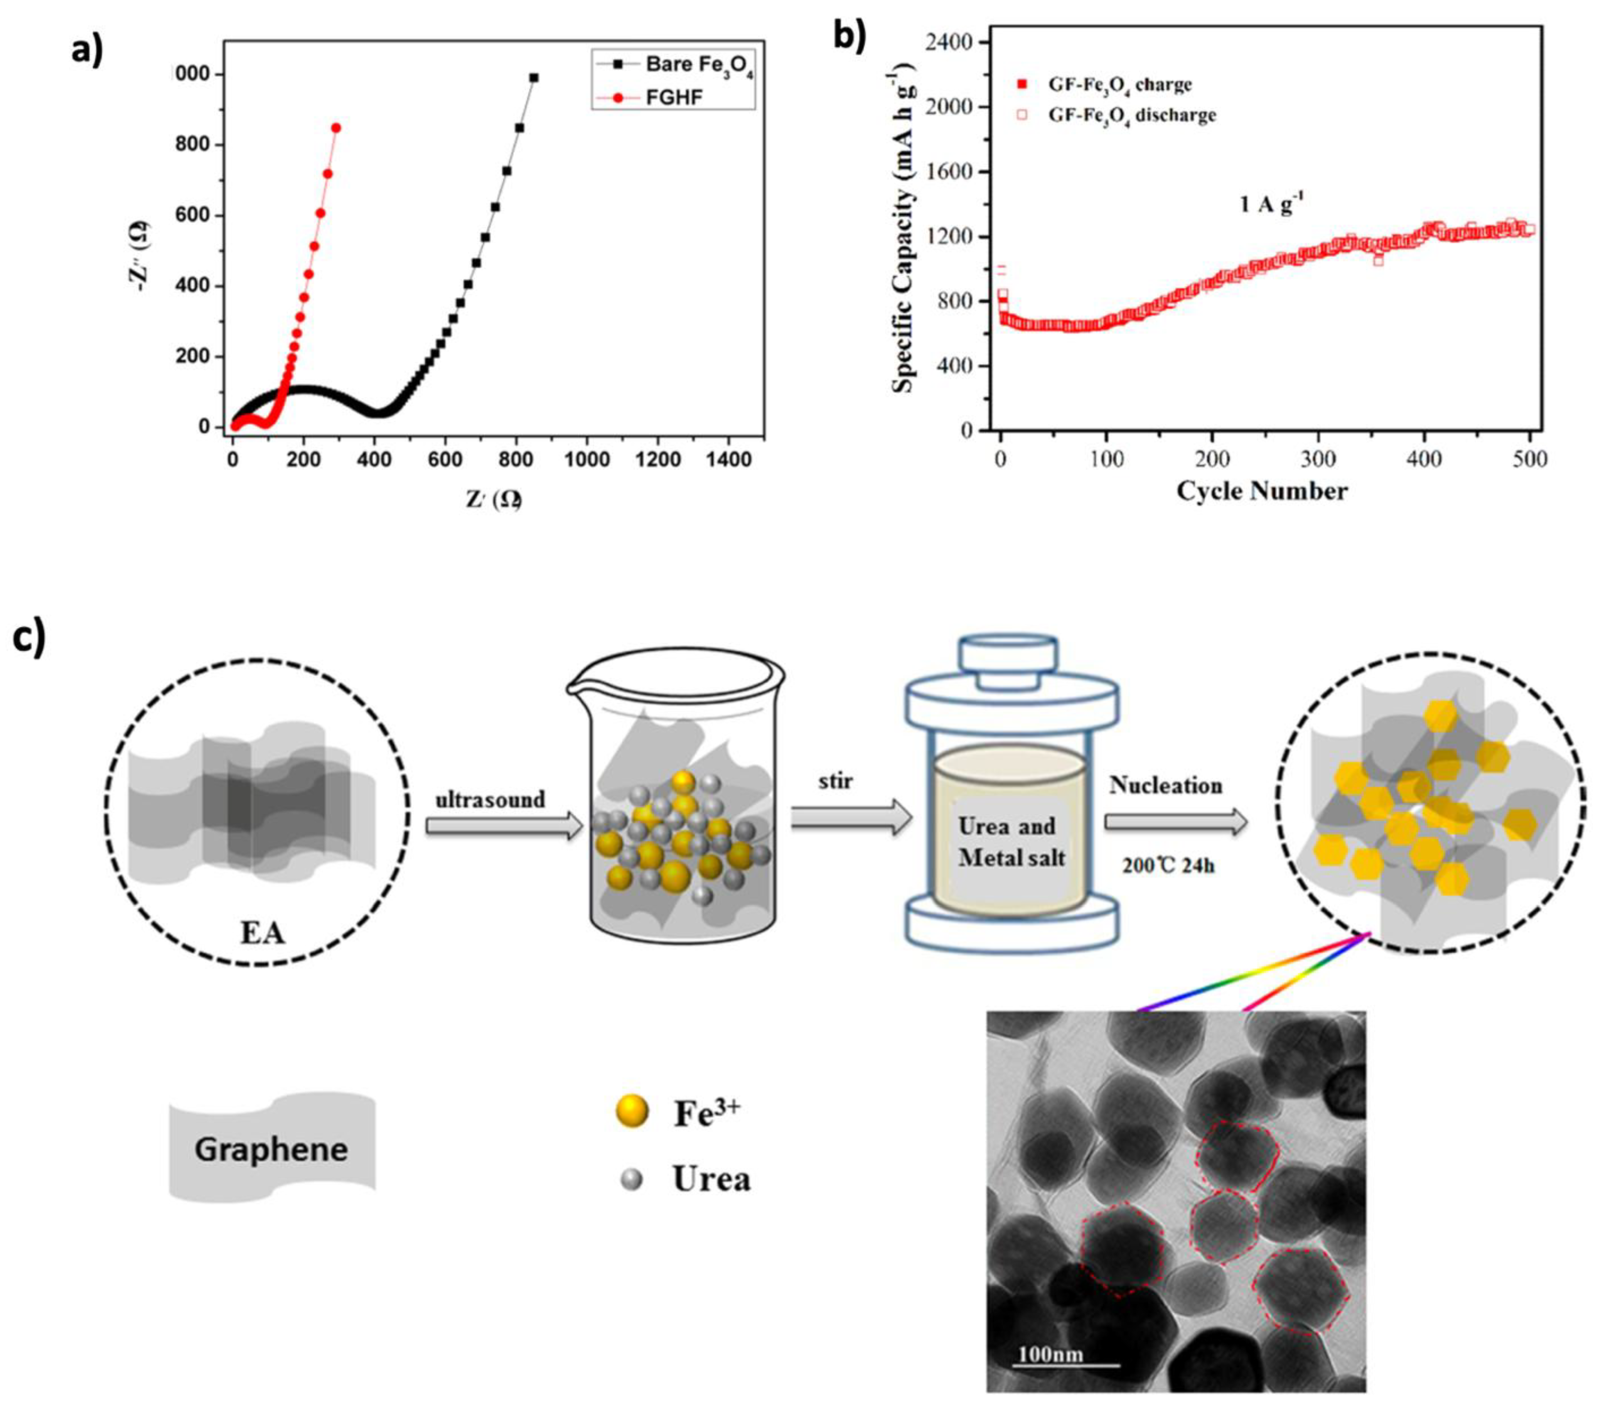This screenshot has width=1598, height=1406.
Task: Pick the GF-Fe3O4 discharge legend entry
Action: (x=1131, y=115)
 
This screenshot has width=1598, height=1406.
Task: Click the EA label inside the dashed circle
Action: (x=263, y=932)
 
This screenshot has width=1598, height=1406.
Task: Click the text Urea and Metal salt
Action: (x=1008, y=841)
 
